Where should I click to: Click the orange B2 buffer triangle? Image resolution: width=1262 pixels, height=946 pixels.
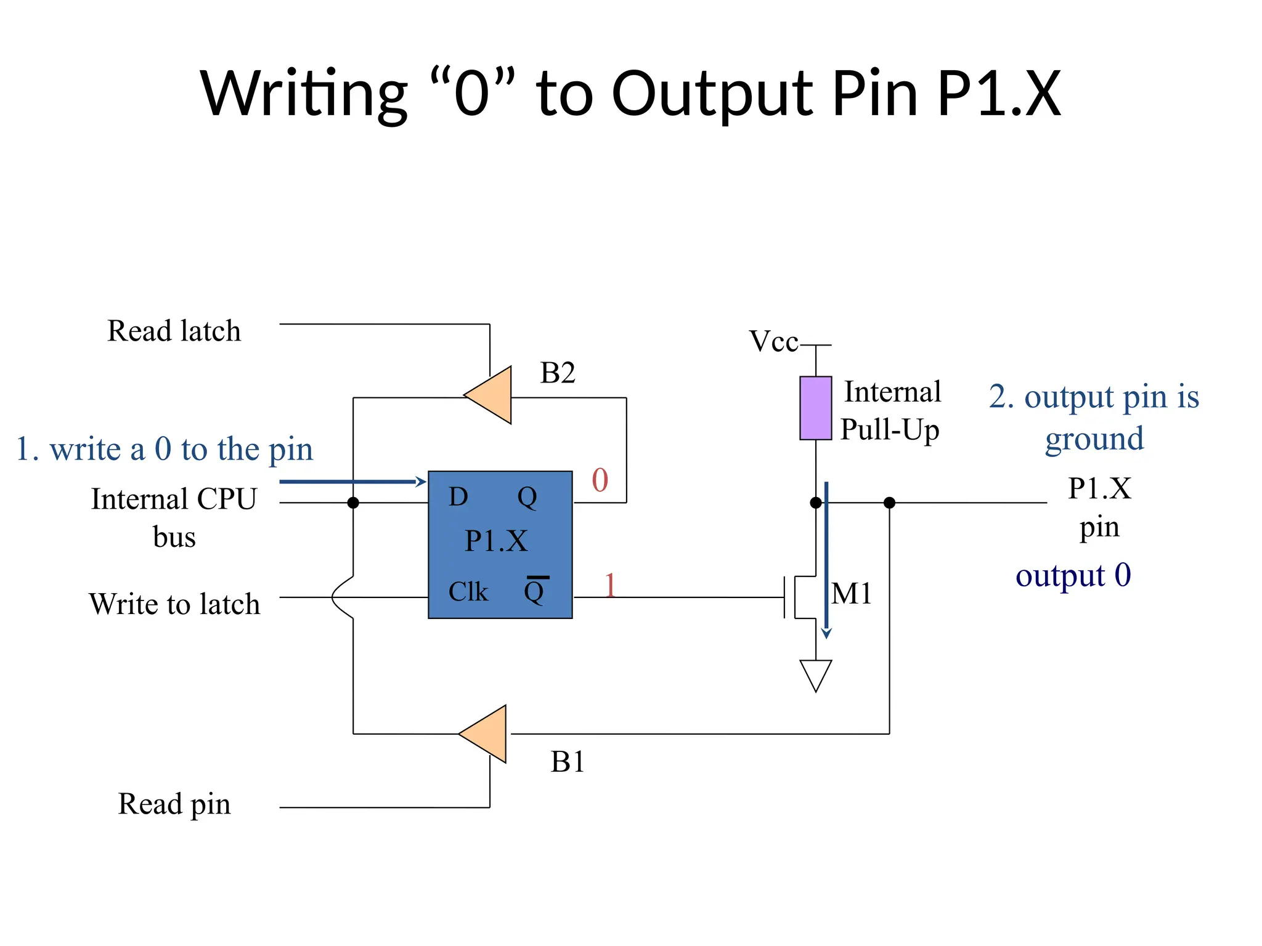492,395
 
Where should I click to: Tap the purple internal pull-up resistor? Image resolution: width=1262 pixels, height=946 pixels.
815,408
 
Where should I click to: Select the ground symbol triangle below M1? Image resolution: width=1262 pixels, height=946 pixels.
815,673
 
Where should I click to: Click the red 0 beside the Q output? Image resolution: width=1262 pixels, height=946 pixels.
600,480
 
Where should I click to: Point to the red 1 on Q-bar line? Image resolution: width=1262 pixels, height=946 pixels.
610,584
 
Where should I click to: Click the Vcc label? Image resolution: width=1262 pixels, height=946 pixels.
773,341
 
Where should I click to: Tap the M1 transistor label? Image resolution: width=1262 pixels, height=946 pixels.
851,594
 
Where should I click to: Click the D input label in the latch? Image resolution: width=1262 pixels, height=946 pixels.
458,496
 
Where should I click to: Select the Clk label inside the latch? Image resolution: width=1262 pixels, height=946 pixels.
468,592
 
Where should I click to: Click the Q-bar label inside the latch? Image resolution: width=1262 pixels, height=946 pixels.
534,591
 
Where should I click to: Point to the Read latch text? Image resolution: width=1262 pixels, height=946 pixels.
174,331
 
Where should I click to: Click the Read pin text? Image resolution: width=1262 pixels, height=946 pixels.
174,804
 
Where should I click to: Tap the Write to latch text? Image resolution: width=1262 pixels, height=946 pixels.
174,604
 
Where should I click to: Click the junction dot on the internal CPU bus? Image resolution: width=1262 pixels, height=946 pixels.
353,503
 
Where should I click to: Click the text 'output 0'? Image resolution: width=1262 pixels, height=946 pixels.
1073,575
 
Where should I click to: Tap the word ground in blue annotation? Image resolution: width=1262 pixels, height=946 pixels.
1094,439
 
